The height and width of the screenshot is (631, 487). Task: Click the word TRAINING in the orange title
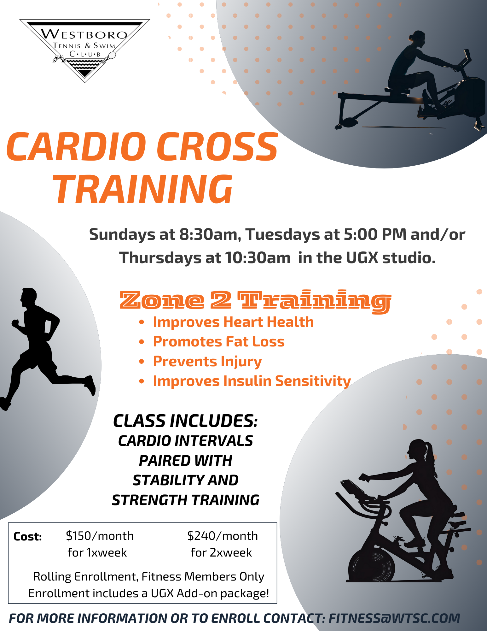(x=144, y=189)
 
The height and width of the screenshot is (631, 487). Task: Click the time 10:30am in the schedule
(x=258, y=258)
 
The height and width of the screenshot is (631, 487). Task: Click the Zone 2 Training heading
(x=255, y=301)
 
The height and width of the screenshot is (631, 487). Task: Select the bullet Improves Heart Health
(x=233, y=322)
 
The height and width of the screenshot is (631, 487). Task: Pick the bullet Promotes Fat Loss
(x=219, y=342)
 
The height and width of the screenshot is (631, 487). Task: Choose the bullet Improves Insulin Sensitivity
(x=252, y=381)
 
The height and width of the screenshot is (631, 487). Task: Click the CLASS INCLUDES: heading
(x=186, y=421)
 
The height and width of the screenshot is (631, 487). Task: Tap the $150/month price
(x=100, y=536)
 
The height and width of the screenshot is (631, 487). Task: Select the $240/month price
(x=223, y=536)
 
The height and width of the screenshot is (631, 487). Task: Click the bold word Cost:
(x=28, y=537)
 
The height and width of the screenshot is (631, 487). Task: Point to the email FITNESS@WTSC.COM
(x=394, y=618)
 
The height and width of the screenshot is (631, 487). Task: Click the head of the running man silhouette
(x=29, y=297)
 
